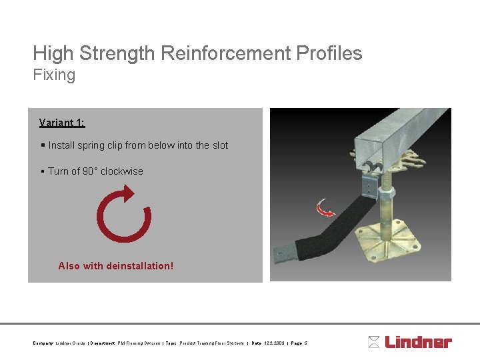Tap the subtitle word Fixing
click(54, 75)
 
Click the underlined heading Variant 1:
click(62, 123)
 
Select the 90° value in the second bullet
click(90, 171)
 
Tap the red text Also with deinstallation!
click(115, 266)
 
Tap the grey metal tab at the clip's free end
click(283, 253)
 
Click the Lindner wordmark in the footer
click(419, 342)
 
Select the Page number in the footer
click(299, 343)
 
